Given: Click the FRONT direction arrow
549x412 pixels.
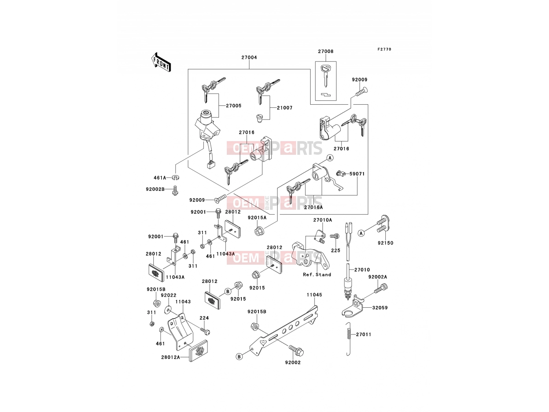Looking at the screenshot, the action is pos(161,62).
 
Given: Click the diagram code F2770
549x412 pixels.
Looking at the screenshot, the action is pos(384,49).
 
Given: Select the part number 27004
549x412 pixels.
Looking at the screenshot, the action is pos(249,57).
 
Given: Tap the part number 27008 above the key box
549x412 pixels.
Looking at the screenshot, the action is pos(326,51).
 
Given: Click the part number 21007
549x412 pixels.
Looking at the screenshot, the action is pos(285,108).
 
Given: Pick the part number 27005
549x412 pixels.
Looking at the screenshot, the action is pos(234,105).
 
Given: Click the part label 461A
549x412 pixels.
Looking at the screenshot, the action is pos(160,178).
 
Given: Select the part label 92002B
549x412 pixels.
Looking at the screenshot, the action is pos(155,190).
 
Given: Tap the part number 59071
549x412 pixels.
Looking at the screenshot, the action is pos(357,174).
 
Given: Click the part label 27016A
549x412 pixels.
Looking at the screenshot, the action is pos(313,207).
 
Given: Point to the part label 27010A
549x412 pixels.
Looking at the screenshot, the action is pos(323,220).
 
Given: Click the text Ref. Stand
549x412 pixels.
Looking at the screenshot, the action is pos(317,275).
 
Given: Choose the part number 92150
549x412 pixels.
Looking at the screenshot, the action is pos(385,243).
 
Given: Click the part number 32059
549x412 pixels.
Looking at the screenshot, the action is pos(380,308).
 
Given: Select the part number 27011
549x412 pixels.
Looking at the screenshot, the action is pos(364,334).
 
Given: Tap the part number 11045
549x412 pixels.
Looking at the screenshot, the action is pos(314,295).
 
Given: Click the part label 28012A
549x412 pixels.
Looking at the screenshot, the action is pos(171,357).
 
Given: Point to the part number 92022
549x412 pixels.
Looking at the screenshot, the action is pos(168,295).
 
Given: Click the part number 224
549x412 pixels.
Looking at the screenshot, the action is pos(204,318).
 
